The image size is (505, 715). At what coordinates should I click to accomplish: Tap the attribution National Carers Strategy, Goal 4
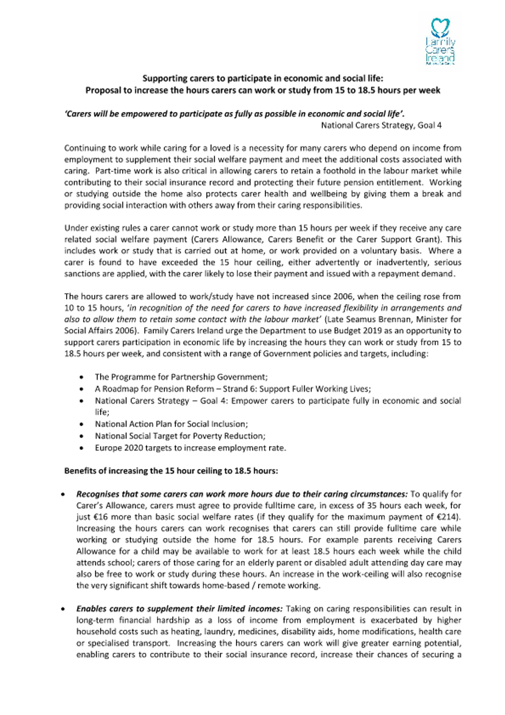click(x=381, y=125)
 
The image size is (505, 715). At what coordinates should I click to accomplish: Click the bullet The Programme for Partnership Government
click(x=181, y=377)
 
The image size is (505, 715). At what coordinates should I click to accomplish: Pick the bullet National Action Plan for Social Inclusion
click(x=171, y=424)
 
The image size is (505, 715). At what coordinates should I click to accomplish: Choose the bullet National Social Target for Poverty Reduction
click(x=180, y=436)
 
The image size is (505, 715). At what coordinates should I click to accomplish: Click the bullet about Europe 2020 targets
click(x=190, y=448)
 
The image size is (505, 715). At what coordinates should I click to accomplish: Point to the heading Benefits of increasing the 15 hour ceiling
click(x=171, y=471)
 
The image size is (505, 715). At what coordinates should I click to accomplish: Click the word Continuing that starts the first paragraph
click(x=82, y=148)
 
